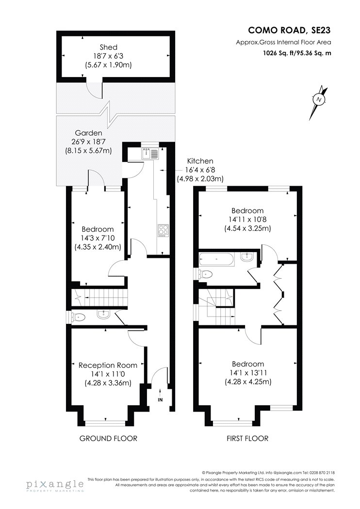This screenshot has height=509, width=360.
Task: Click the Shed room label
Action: (109, 48)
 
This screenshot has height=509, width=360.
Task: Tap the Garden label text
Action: (88, 133)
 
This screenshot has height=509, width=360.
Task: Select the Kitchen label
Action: (200, 161)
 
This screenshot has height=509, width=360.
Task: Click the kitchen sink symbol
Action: (150, 153)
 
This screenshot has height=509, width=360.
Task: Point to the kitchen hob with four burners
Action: (164, 230)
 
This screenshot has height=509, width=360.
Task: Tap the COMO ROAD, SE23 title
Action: (289, 30)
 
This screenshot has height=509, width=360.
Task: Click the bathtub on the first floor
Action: (216, 260)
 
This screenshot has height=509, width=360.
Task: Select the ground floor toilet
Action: (77, 317)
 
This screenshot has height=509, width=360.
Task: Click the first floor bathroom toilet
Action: (205, 275)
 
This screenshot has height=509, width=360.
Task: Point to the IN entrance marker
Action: (160, 397)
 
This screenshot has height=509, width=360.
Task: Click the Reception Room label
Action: (108, 366)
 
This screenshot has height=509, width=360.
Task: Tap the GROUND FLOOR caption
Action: (108, 439)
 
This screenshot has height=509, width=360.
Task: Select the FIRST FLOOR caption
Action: (247, 439)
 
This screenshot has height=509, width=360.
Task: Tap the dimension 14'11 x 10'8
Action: (247, 220)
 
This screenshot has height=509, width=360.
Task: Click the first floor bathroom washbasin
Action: (247, 257)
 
